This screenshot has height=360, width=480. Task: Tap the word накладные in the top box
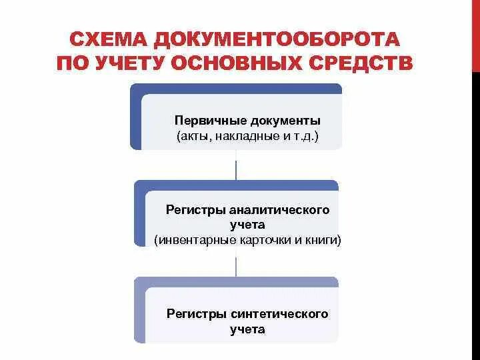pyautogui.click(x=245, y=136)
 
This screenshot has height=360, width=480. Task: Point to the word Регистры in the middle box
pyautogui.click(x=191, y=209)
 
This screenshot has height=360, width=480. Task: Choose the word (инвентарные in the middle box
pyautogui.click(x=189, y=240)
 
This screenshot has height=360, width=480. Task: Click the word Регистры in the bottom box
pyautogui.click(x=196, y=313)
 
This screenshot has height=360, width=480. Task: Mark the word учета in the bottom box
pyautogui.click(x=247, y=329)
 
